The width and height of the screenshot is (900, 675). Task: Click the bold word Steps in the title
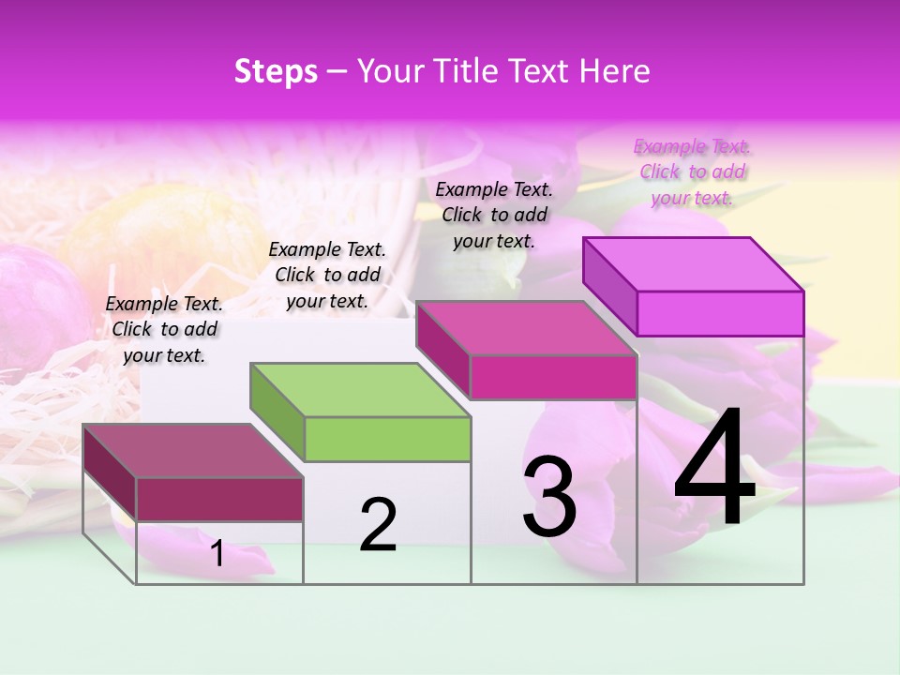[x=276, y=71]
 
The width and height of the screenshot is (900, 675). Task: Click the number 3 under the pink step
[x=549, y=497]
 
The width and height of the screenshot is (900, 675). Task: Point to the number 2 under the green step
[x=378, y=525]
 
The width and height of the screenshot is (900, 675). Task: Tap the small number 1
[x=217, y=553]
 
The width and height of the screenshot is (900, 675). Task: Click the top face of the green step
[x=360, y=390]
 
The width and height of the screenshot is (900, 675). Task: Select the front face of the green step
[x=387, y=439]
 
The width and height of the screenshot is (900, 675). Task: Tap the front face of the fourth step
[x=720, y=313]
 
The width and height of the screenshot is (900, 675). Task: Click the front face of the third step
[x=553, y=377]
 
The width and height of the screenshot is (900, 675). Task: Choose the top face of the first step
[x=193, y=451]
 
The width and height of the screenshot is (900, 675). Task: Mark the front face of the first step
[x=219, y=499]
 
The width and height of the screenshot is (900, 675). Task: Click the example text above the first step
[x=164, y=329]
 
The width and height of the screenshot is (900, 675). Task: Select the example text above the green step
[x=327, y=275]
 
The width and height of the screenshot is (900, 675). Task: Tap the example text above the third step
[x=494, y=215]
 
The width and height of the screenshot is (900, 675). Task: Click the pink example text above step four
[x=692, y=172]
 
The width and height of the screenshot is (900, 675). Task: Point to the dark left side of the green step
[x=277, y=412]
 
